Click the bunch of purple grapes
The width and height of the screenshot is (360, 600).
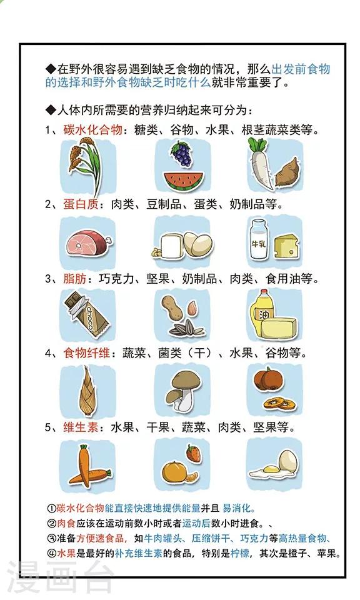tap(182, 154)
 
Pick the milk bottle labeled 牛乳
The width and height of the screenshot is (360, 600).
tap(258, 240)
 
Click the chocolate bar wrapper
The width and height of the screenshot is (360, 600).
tap(86, 314)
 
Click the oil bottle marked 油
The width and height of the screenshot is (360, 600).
tap(262, 312)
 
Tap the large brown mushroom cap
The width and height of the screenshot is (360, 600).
tap(186, 380)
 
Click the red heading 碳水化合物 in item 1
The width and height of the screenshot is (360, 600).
tap(93, 130)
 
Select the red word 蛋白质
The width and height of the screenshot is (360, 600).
tap(81, 204)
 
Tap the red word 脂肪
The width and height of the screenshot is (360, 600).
tap(75, 278)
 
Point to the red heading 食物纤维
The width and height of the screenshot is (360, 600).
tap(87, 352)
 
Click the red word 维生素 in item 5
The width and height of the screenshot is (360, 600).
tap(81, 427)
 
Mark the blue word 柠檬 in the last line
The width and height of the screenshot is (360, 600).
tap(240, 553)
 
